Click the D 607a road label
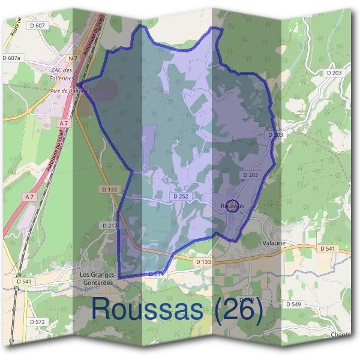[11, 58]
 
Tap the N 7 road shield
[73, 58]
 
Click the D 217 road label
[109, 225]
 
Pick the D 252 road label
[181, 196]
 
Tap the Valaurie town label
[273, 243]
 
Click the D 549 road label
[293, 304]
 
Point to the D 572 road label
[37, 322]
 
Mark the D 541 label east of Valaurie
[327, 248]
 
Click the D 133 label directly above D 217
[109, 189]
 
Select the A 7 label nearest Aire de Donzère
[63, 123]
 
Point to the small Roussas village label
[233, 206]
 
